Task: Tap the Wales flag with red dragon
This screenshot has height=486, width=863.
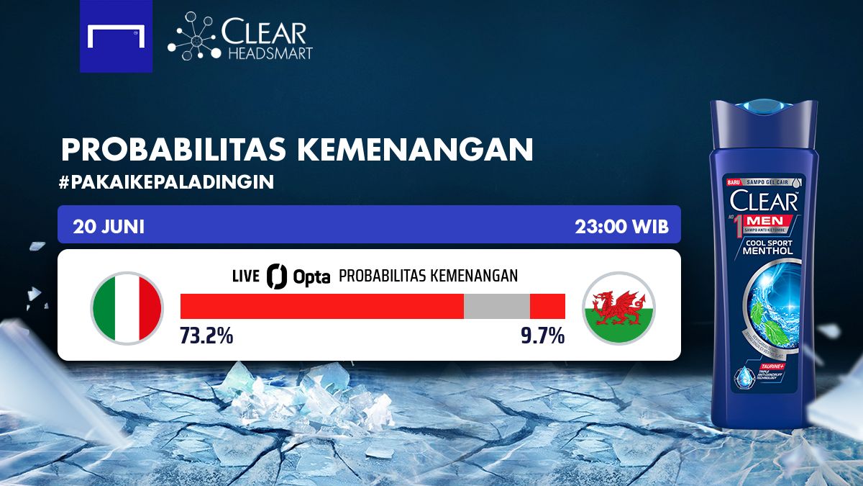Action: [x=618, y=308]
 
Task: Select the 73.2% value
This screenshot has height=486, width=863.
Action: [x=206, y=336]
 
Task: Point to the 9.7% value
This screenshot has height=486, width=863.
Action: [x=542, y=336]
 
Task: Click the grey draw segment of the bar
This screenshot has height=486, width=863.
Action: [x=496, y=306]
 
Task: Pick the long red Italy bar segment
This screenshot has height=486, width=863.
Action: [x=321, y=306]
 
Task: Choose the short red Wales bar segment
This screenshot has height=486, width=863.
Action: [x=547, y=306]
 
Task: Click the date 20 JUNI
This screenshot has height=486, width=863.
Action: [x=109, y=226]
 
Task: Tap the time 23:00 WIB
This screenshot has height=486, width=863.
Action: [x=621, y=226]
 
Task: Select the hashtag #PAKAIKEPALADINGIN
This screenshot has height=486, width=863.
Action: [x=168, y=181]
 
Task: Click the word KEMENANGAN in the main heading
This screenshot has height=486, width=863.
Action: [x=415, y=150]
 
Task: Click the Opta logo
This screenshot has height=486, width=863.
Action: [x=298, y=276]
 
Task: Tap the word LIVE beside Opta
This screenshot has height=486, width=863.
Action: [x=246, y=276]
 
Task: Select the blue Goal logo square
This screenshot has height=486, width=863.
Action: [x=116, y=36]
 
